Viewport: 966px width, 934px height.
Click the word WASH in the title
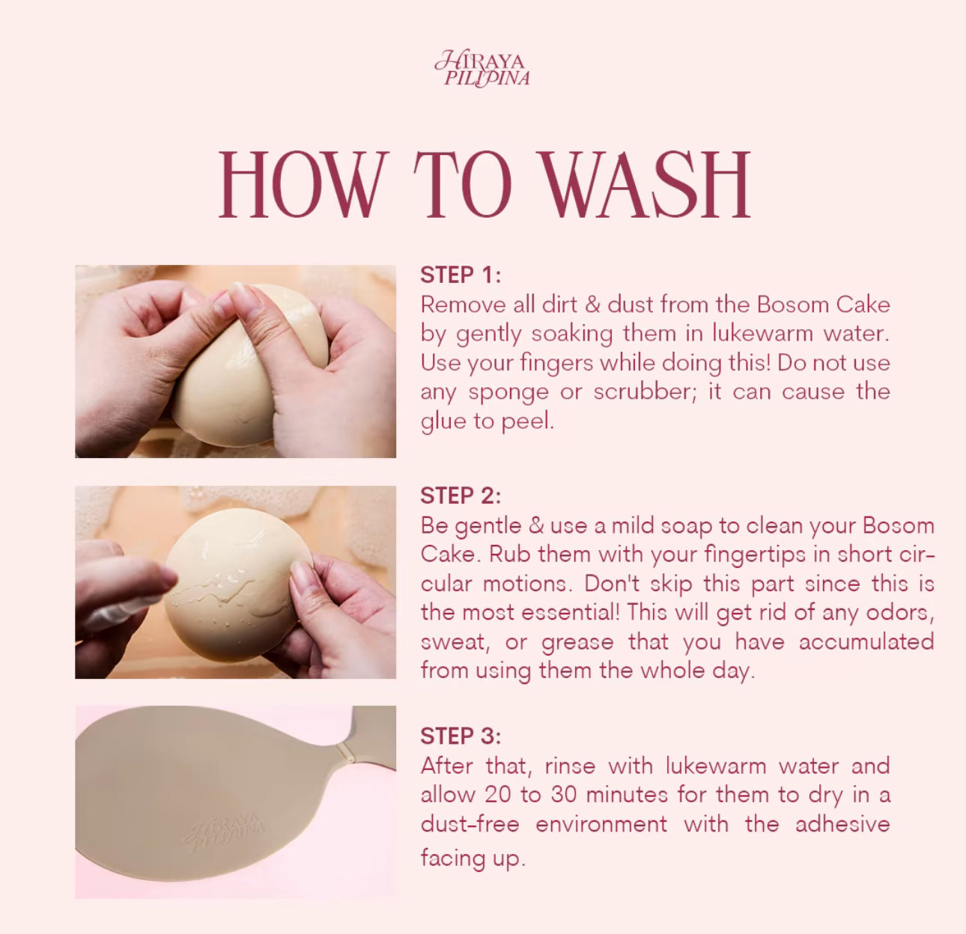[x=645, y=186]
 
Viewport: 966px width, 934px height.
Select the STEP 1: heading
[x=460, y=275]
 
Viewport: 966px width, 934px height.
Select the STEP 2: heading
[x=460, y=495]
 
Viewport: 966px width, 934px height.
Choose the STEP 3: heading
[x=460, y=736]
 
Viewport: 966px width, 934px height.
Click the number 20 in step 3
[x=498, y=795]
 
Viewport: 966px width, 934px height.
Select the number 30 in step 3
[x=564, y=795]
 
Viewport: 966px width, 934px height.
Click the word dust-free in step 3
[x=470, y=824]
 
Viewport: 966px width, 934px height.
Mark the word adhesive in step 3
[x=842, y=824]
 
